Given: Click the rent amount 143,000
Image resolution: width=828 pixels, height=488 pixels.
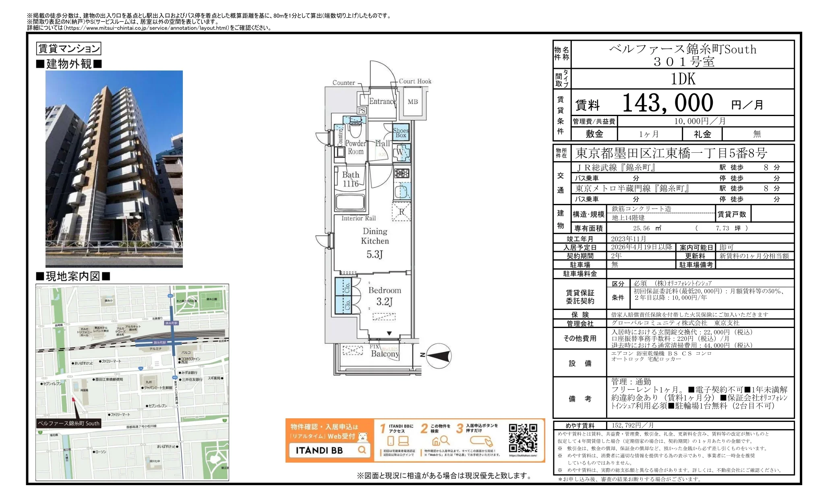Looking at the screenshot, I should [668, 103].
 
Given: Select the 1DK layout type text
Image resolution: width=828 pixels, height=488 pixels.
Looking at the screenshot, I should [683, 79].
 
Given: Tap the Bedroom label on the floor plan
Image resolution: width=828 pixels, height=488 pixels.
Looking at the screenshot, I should [385, 291].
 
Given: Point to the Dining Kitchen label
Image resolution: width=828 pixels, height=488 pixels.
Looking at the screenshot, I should [375, 236].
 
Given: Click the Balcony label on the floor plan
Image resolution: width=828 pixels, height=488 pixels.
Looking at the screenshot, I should [385, 354].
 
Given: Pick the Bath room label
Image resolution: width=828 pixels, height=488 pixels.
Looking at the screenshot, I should [350, 179].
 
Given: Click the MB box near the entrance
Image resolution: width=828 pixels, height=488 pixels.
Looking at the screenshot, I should [413, 102].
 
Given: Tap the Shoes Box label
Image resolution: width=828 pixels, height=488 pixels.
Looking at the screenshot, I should [401, 133].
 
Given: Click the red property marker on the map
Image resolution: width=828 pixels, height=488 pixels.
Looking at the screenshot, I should [73, 400].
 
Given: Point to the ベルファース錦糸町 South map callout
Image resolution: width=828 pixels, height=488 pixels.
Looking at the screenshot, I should [68, 424].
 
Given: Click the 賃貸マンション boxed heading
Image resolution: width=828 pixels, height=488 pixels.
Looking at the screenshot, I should [68, 49].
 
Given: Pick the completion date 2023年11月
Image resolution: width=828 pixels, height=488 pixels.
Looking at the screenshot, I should [629, 239].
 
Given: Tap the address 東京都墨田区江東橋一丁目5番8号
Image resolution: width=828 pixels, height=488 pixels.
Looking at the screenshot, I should [671, 153].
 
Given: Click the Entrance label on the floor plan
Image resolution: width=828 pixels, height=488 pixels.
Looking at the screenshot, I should [383, 102].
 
